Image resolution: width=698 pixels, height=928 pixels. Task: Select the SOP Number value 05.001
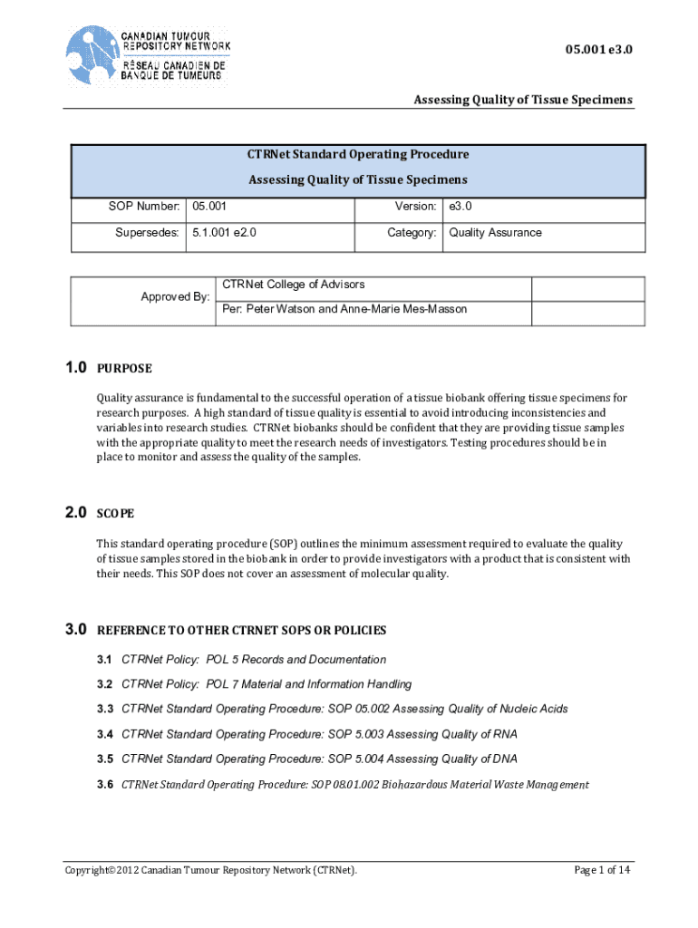209,208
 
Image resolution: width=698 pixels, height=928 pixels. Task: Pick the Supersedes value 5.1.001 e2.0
225,233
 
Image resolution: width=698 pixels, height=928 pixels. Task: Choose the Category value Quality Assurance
495,233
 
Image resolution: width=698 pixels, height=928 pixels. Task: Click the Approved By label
175,296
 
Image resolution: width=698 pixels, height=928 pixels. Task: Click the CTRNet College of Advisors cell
293,285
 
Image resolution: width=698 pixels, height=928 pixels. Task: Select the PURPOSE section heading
124,369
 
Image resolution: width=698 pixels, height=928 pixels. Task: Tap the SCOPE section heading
115,514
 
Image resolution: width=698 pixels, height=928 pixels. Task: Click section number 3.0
75,630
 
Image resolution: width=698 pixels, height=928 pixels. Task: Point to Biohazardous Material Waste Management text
486,784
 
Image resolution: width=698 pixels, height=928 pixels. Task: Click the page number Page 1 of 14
602,871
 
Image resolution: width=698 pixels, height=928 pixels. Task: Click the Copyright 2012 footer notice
210,871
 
